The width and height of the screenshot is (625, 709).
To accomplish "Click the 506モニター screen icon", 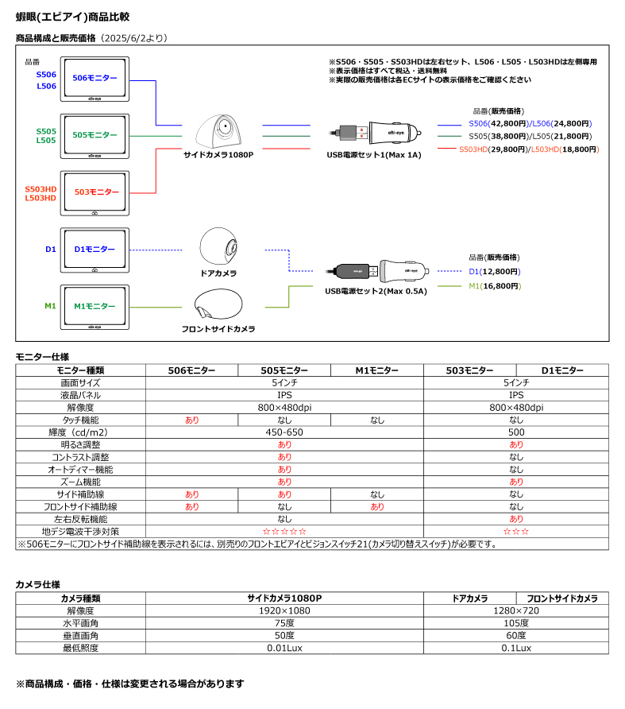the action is [95, 79].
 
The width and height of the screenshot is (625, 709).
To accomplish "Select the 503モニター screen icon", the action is [95, 193].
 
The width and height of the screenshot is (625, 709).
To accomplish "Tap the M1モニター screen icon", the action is [95, 307].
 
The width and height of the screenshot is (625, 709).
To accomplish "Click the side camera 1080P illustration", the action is [218, 131].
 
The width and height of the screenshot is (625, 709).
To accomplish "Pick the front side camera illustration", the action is [218, 304].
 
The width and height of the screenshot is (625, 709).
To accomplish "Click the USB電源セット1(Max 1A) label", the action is [374, 155].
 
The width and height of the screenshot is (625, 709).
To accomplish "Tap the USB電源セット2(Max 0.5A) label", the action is [376, 291].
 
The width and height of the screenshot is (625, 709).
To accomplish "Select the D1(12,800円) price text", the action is [495, 272].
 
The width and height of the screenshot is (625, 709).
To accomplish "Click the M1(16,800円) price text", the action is [495, 286].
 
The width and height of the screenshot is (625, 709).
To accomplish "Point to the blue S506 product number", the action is [46, 75].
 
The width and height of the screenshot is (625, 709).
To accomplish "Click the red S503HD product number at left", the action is [41, 189].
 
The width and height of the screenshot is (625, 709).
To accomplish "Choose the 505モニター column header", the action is [284, 370].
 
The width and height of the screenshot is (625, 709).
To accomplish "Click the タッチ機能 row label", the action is [80, 420].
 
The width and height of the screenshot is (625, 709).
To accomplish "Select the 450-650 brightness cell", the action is [284, 432].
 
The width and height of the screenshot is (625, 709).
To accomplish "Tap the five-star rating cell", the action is [285, 532].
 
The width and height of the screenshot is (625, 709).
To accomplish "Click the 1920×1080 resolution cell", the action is [284, 611].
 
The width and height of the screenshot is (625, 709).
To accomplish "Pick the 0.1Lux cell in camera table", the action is [516, 648].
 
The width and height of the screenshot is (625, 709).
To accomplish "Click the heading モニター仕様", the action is [42, 357].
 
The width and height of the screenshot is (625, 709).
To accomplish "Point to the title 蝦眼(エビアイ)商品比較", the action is [73, 17].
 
